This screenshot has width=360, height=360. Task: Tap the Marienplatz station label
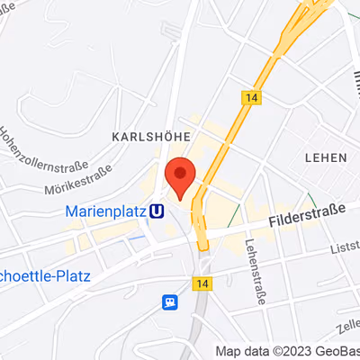click(x=106, y=212)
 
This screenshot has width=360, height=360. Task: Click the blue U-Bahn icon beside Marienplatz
click(x=158, y=212)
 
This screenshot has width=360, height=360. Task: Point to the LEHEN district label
click(x=326, y=157)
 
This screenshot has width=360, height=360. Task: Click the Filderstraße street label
click(x=308, y=213)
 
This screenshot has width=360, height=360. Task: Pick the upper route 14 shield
click(x=251, y=95)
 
